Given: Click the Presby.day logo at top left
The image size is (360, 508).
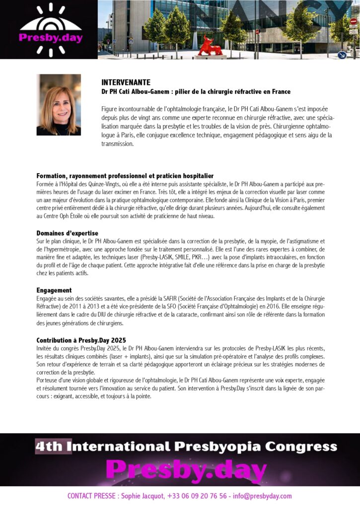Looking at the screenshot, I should (x=50, y=29).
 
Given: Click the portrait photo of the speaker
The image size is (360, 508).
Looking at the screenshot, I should (x=59, y=105).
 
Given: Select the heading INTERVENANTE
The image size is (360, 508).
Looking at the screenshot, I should (x=126, y=82).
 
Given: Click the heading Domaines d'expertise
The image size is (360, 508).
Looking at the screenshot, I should (x=67, y=233).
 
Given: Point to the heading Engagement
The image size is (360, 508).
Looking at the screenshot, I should (x=54, y=290).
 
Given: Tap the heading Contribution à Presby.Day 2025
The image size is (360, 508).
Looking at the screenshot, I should (x=81, y=340).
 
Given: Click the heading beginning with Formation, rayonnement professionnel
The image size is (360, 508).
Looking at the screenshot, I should (x=125, y=176).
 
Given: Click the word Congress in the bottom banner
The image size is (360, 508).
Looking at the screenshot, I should (x=300, y=446).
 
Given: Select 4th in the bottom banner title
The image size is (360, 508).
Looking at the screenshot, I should (x=49, y=446).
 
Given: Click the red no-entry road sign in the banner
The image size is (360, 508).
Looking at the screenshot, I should (x=353, y=21).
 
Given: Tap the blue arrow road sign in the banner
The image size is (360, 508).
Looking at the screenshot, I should (x=342, y=55).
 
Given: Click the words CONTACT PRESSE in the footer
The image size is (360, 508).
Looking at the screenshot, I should (x=91, y=496).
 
